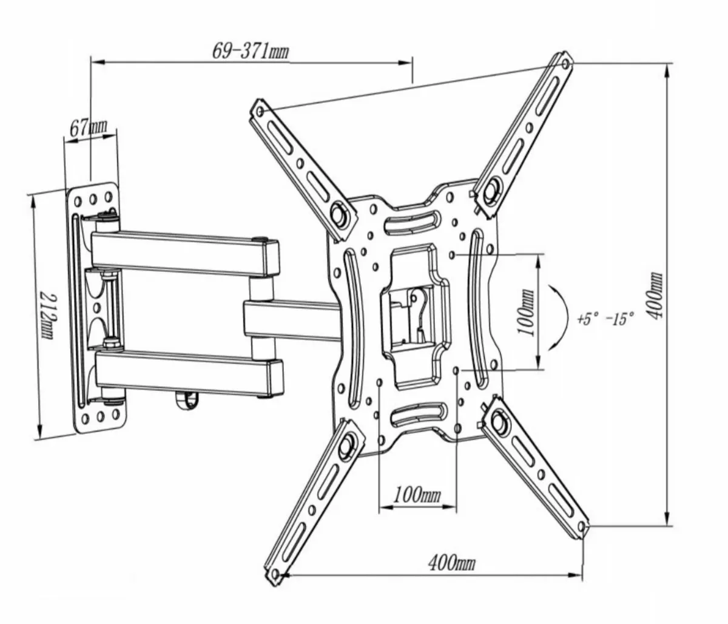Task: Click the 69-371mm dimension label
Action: point(250,51)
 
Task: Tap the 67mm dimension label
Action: point(89,128)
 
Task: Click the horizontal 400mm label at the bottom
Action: point(451,563)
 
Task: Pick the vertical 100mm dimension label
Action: point(525,311)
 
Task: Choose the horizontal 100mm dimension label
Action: point(417,494)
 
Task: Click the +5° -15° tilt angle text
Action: point(604,318)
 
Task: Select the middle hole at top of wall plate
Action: point(94,198)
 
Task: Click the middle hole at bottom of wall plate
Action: point(98,417)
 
